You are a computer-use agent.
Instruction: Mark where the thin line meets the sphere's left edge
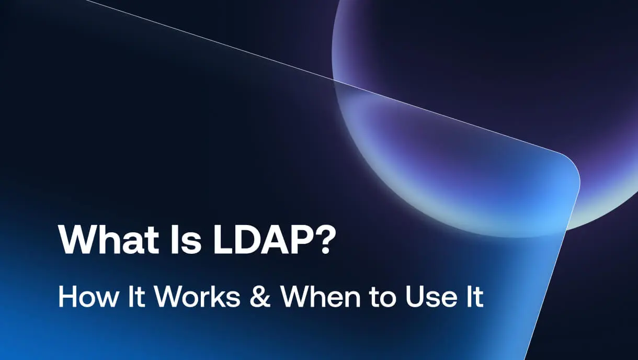tap(334, 80)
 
